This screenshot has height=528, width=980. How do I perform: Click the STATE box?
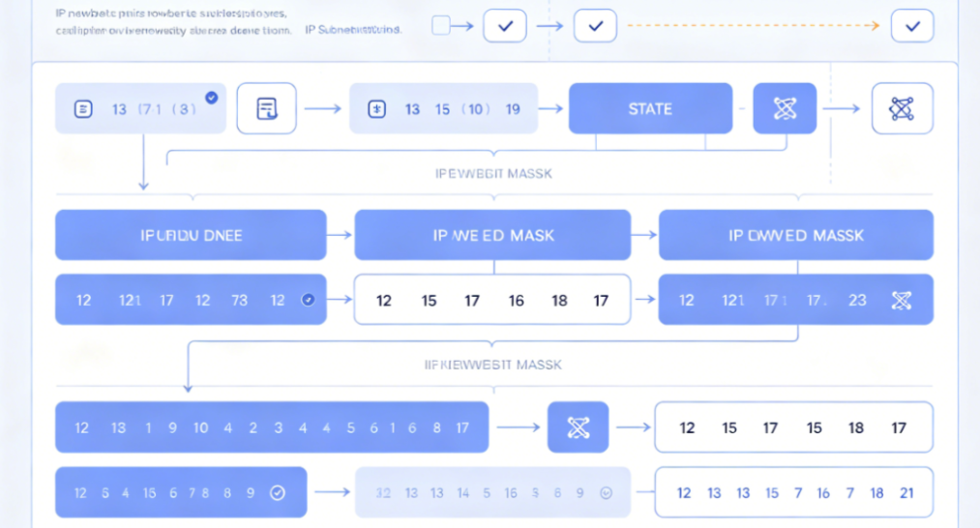[x=650, y=108]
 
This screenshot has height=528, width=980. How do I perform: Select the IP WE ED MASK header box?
[x=492, y=235]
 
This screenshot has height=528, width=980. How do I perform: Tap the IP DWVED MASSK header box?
[x=796, y=235]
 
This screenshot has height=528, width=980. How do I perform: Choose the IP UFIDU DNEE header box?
[x=191, y=235]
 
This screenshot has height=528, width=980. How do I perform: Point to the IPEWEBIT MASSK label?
[x=493, y=173]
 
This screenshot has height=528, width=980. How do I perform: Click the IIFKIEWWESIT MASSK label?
[x=493, y=365]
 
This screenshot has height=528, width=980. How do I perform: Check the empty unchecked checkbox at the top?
[x=441, y=26]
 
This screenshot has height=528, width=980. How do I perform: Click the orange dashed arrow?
[x=754, y=26]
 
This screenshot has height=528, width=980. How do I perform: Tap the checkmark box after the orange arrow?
[x=912, y=26]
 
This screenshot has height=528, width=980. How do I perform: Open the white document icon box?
[x=266, y=108]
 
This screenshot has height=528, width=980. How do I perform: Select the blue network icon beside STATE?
[x=785, y=108]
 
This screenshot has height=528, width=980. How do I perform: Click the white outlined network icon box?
[x=902, y=108]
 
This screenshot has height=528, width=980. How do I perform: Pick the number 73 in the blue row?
[x=239, y=300]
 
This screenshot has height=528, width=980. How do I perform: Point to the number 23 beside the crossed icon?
[x=857, y=300]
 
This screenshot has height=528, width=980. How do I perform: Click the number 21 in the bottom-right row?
[x=906, y=493]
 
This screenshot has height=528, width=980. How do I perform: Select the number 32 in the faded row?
[x=383, y=493]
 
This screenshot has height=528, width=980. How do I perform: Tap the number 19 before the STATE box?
[x=513, y=109]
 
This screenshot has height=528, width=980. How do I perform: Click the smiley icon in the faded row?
[x=607, y=493]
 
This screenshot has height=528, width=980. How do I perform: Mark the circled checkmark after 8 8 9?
[x=278, y=493]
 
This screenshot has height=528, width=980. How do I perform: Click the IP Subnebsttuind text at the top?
[x=353, y=30]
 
